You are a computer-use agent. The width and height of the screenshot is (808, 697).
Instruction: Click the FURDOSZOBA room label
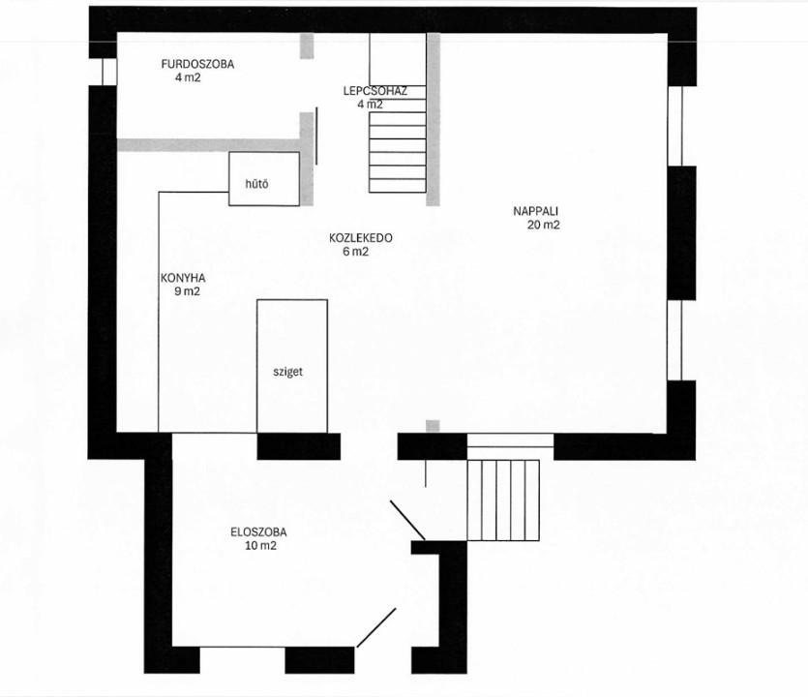(197, 65)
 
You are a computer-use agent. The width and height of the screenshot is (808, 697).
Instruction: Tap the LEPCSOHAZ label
(375, 91)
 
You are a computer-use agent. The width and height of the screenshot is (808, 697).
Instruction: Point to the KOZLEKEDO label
(361, 238)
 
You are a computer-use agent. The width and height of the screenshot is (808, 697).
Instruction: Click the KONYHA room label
(183, 279)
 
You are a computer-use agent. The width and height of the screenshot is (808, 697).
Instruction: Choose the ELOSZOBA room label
(258, 532)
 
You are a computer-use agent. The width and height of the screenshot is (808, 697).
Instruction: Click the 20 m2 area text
(544, 225)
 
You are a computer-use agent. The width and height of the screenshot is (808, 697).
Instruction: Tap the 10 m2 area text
(260, 546)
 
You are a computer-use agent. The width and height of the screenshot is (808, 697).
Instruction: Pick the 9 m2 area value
(187, 291)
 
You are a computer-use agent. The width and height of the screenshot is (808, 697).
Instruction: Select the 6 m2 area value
(355, 252)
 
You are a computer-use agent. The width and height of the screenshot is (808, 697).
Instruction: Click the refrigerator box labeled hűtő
(264, 179)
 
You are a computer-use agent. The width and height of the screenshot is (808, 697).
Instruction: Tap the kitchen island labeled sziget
(292, 366)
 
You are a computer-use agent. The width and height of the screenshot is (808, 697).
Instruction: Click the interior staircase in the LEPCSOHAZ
(398, 138)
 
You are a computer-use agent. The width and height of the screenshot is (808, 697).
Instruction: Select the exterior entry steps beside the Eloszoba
(503, 500)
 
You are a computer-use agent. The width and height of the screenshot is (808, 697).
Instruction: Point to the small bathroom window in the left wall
(109, 72)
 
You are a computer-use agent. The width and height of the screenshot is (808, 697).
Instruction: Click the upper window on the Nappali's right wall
(675, 126)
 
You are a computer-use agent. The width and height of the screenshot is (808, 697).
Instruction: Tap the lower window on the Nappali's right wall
(675, 340)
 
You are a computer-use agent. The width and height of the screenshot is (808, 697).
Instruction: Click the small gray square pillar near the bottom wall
(433, 426)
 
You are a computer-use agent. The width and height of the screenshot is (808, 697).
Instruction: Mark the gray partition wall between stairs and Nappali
(434, 119)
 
